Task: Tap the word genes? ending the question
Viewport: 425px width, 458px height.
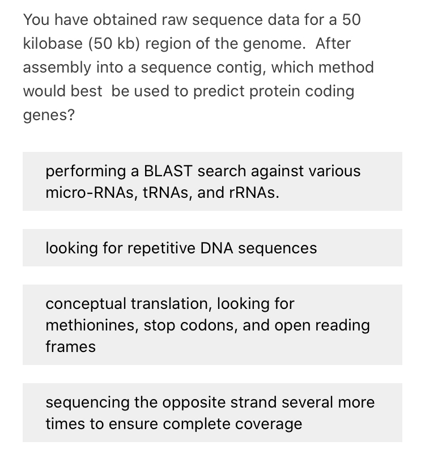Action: click(x=49, y=114)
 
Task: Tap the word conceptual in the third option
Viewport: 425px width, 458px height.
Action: click(x=86, y=303)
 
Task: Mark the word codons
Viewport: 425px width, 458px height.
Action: click(x=212, y=325)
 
